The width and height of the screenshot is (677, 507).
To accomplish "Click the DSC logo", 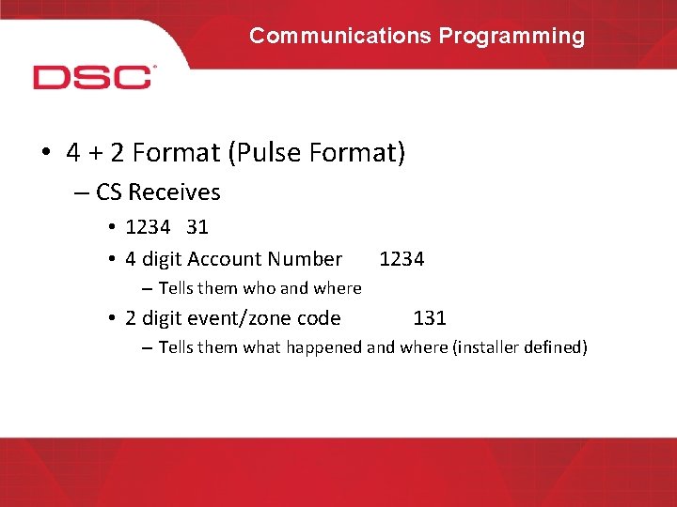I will coord(93,76).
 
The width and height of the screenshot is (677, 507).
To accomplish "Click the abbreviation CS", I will coord(109,192).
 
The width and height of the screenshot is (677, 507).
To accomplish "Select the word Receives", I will coord(174,192).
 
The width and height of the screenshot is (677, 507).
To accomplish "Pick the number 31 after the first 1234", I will coord(197,227).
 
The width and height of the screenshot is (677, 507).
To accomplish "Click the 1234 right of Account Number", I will coord(401,259).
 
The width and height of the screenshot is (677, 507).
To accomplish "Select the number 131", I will coord(430,318).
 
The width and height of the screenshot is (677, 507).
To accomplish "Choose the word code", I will coord(318,318).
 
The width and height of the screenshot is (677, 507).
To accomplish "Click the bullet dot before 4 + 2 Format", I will coord(46,153).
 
